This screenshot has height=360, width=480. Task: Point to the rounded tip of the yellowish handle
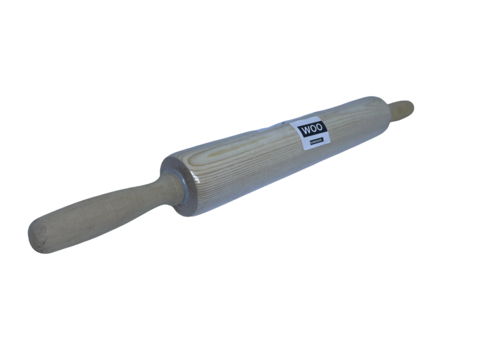coord(410,106)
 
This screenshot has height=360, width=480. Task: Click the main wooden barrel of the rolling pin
coord(252,159)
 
